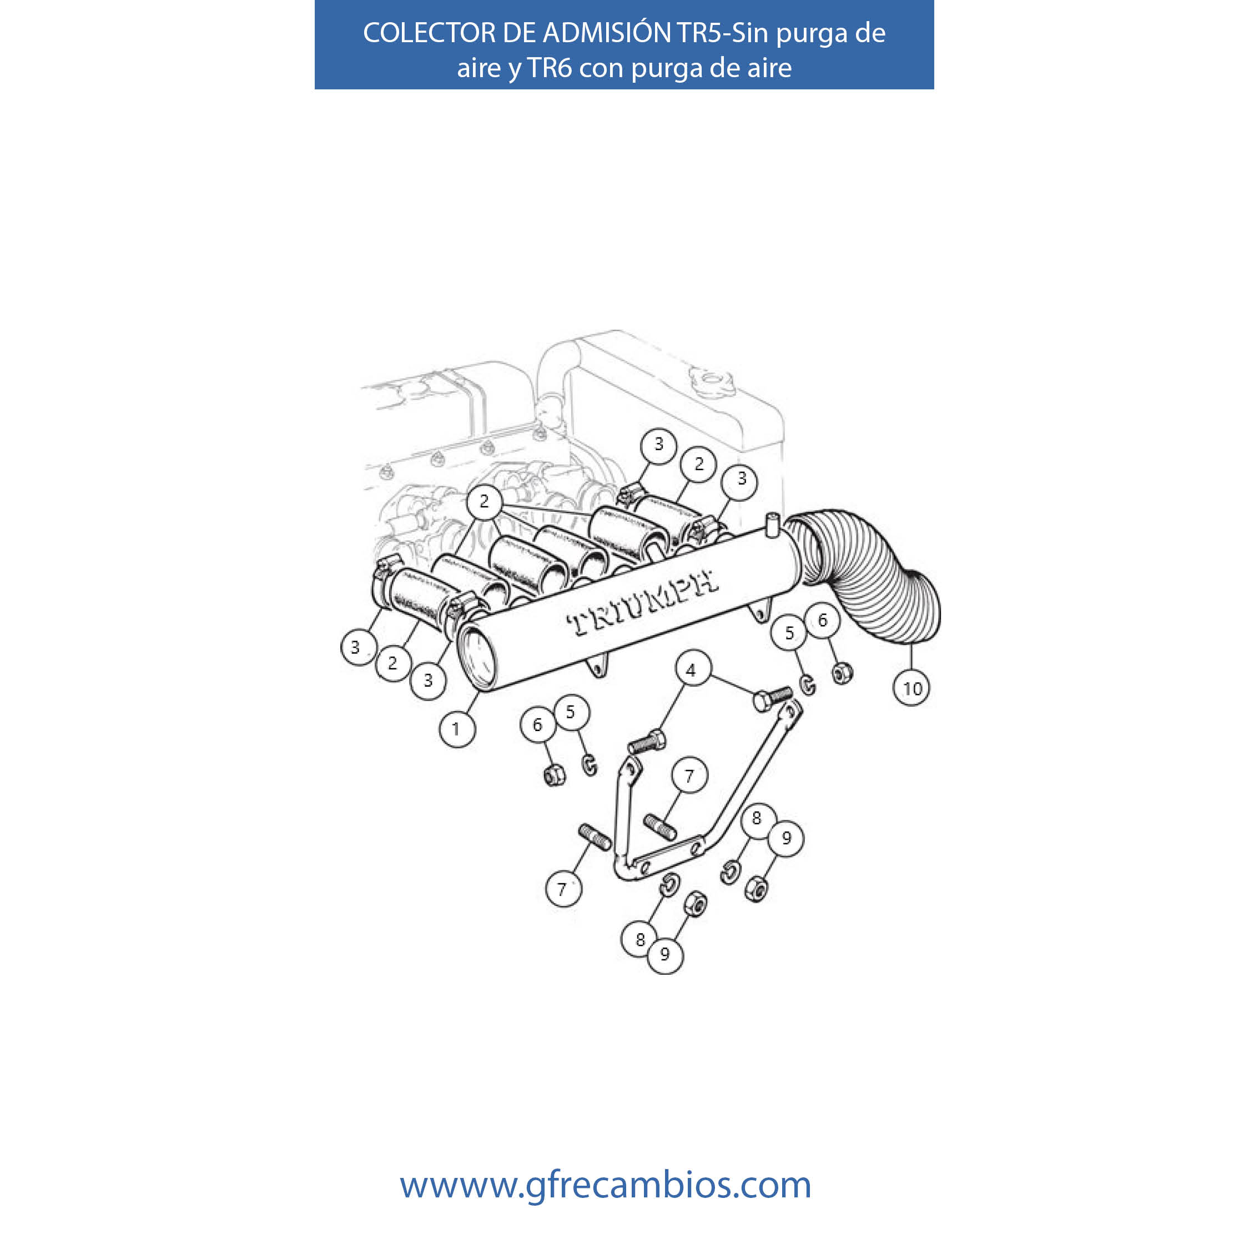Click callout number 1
click(x=457, y=729)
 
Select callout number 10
click(x=911, y=688)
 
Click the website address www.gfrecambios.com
click(x=605, y=1185)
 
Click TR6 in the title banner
click(x=550, y=67)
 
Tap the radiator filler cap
click(x=711, y=379)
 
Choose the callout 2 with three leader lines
click(x=484, y=501)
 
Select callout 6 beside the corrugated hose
click(x=822, y=620)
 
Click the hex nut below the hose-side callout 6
click(x=841, y=674)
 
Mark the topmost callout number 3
click(x=659, y=444)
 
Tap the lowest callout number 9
click(x=664, y=954)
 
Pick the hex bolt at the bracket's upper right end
click(x=773, y=698)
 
